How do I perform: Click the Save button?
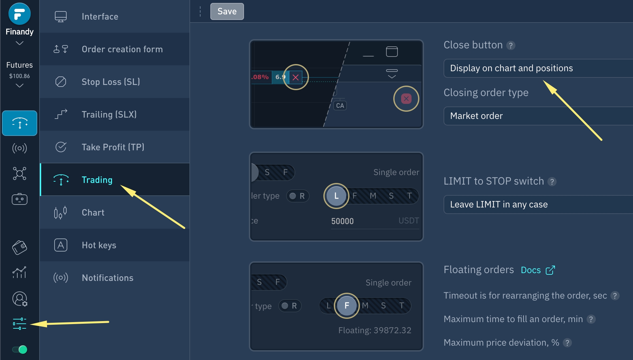pyautogui.click(x=227, y=11)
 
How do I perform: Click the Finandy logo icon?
pyautogui.click(x=20, y=14)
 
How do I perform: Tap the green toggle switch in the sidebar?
pyautogui.click(x=20, y=350)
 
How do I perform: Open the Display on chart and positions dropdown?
pyautogui.click(x=538, y=68)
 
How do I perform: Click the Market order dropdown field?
pyautogui.click(x=538, y=116)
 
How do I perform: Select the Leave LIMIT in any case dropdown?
pyautogui.click(x=538, y=205)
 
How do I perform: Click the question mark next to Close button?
pyautogui.click(x=511, y=45)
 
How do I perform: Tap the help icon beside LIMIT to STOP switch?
pyautogui.click(x=552, y=182)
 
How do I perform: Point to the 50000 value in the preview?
pyautogui.click(x=342, y=221)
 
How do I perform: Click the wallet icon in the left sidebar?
pyautogui.click(x=20, y=247)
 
